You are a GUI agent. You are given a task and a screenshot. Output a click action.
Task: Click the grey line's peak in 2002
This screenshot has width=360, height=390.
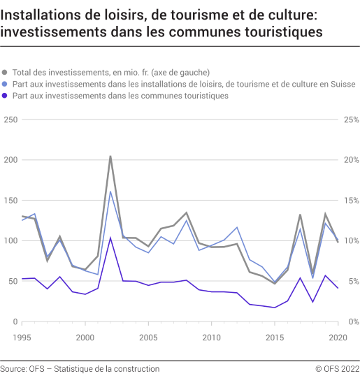click(x=110, y=157)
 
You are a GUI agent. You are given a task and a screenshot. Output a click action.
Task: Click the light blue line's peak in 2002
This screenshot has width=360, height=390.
click(x=110, y=192)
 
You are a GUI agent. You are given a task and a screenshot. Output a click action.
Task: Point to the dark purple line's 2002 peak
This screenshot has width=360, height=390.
click(x=110, y=238)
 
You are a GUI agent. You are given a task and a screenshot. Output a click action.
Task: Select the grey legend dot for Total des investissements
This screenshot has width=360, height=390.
click(x=6, y=72)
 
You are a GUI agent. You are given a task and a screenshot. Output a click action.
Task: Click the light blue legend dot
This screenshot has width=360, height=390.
click(x=6, y=84)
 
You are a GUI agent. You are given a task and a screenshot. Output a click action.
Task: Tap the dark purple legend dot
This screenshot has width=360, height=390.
click(x=6, y=96)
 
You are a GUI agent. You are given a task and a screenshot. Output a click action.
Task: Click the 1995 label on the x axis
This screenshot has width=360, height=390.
click(x=22, y=338)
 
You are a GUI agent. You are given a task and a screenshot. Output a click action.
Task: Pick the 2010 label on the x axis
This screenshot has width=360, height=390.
click(x=211, y=338)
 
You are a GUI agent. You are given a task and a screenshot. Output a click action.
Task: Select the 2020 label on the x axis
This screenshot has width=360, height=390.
click(x=338, y=338)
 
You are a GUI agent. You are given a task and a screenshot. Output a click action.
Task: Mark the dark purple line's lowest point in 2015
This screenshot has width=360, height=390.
click(x=275, y=308)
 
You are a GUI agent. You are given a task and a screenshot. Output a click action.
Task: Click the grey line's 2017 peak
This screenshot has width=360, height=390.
click(x=300, y=215)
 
